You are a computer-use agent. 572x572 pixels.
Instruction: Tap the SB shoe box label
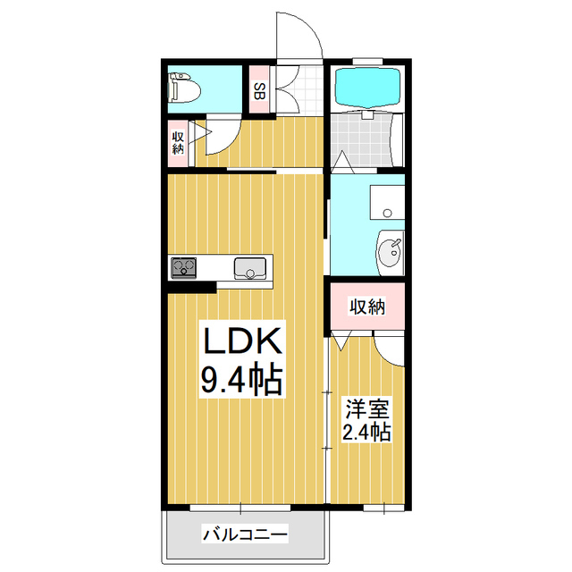point(258,90)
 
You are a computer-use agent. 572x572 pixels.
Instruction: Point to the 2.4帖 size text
point(366,434)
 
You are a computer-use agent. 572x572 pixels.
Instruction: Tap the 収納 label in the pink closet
point(366,307)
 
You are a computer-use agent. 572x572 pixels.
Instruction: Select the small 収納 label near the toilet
point(179,142)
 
